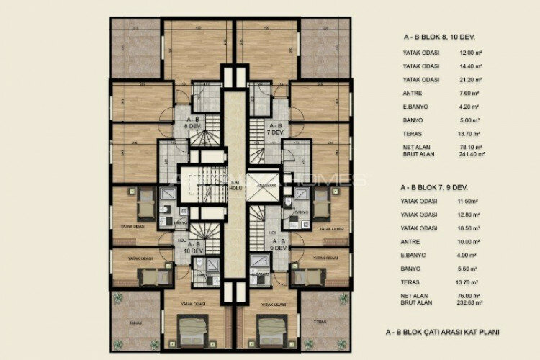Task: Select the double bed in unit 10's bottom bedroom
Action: tap(193, 330)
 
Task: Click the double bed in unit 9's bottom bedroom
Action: tap(272, 330)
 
